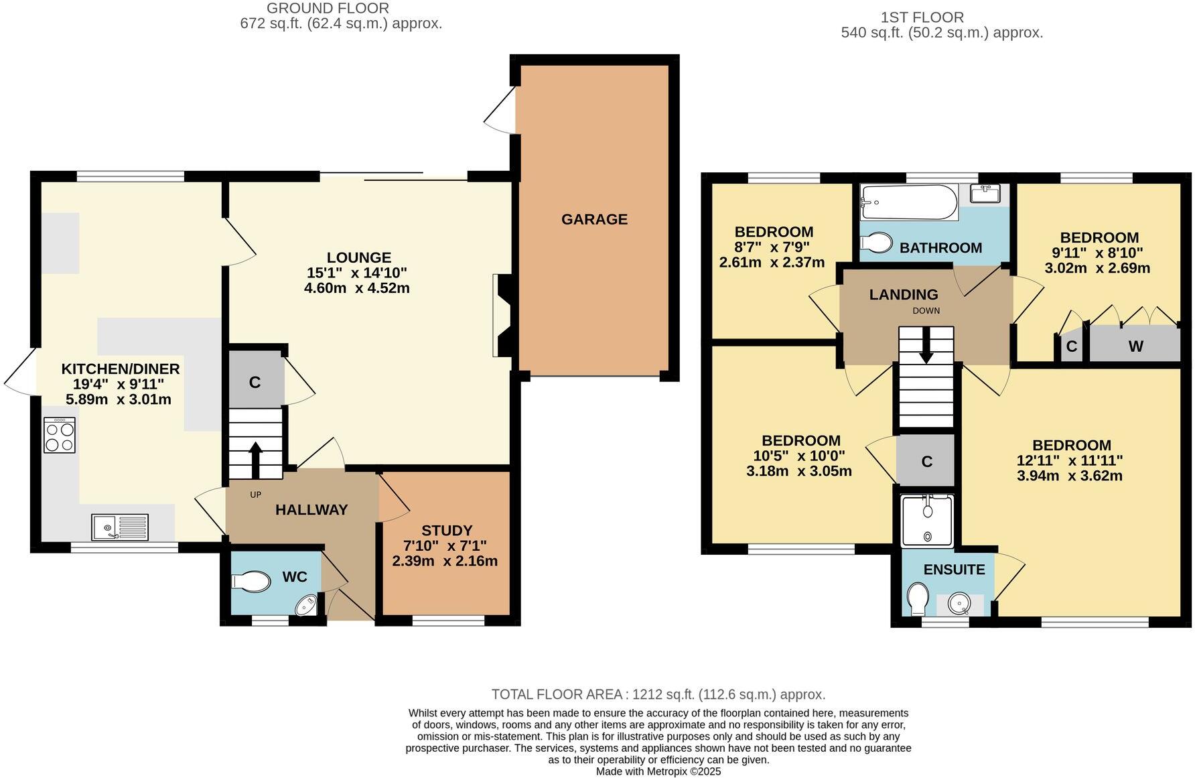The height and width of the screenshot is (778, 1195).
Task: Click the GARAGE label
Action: click(594, 219)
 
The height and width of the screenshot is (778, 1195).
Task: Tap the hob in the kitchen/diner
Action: click(60, 436)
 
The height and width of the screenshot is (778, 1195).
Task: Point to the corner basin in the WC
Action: click(308, 606)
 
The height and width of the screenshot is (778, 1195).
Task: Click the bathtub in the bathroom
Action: click(909, 202)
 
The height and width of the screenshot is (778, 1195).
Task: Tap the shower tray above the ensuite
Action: click(927, 521)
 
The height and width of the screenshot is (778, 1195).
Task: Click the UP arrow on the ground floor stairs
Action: click(255, 459)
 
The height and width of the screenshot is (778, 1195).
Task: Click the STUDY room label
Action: click(447, 530)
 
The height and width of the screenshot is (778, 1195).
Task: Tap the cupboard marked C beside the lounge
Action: click(255, 382)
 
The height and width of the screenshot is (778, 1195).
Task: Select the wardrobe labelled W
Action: click(1135, 346)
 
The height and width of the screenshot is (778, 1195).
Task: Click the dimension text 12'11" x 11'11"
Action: click(1071, 460)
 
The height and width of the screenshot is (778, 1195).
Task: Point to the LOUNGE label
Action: click(359, 257)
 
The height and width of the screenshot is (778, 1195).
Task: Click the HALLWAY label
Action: click(311, 510)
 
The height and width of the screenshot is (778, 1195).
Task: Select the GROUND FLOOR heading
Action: click(328, 8)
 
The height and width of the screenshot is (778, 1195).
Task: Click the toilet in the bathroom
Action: click(876, 242)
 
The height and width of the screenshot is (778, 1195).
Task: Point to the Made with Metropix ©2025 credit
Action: click(658, 771)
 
